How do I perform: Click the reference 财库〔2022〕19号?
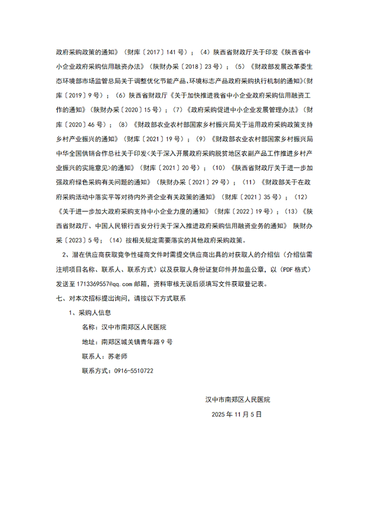244,211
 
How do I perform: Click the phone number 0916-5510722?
131,371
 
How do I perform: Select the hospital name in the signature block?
237,399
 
